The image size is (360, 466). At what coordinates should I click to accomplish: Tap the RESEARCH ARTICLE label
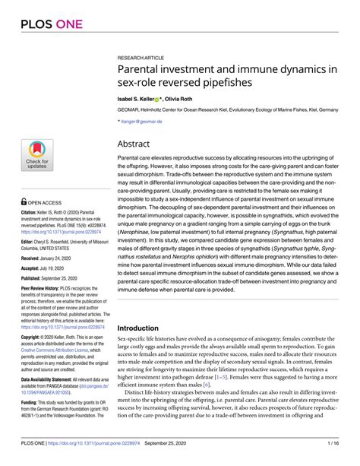pos(141,58)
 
